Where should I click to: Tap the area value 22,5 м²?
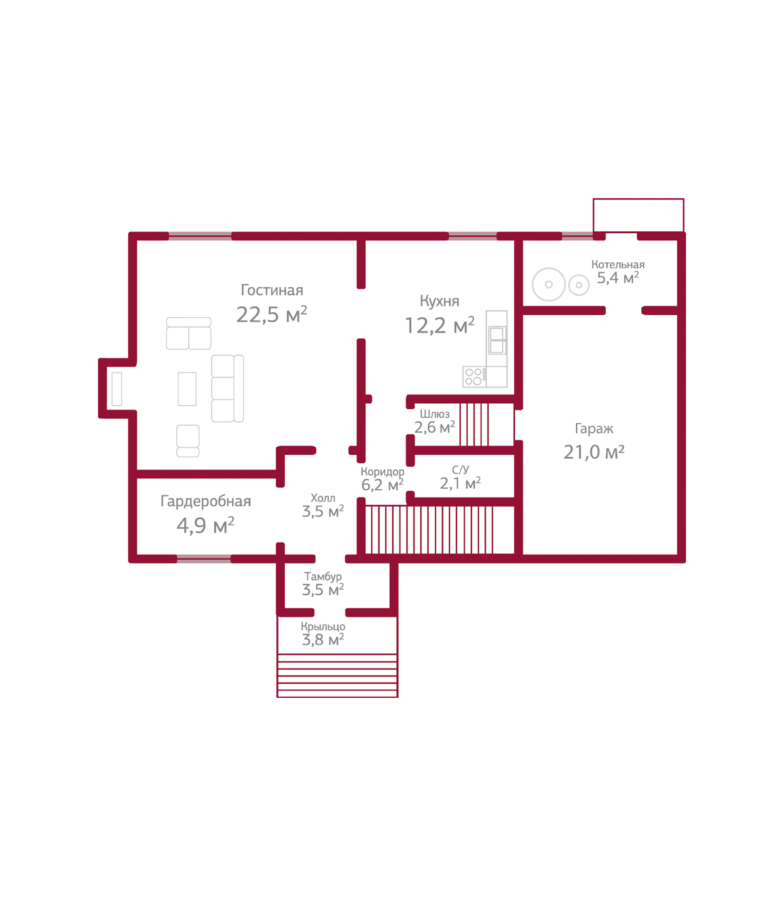click(x=272, y=314)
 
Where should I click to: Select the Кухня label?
click(x=439, y=301)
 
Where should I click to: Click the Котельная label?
click(x=618, y=265)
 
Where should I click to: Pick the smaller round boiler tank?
click(x=579, y=285)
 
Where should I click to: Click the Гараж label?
click(x=594, y=429)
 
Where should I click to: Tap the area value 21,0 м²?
click(x=594, y=452)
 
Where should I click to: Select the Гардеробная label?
click(x=205, y=501)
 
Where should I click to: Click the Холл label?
click(x=323, y=498)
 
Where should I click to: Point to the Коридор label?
click(x=383, y=472)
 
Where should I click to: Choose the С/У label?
click(x=460, y=470)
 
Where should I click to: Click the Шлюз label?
click(x=434, y=414)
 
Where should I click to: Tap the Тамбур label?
click(x=323, y=577)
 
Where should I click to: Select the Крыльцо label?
click(x=323, y=627)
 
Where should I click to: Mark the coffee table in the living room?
click(x=187, y=389)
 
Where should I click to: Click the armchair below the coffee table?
click(x=188, y=441)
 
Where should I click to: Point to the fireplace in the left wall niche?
click(x=117, y=389)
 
